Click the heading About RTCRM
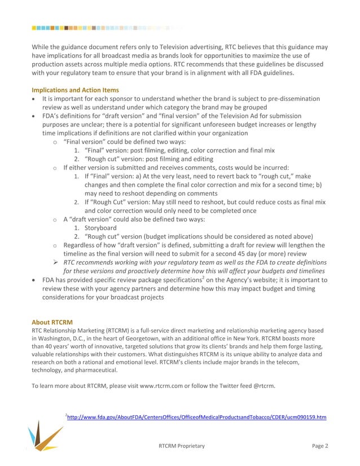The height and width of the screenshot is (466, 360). pyautogui.click(x=52, y=323)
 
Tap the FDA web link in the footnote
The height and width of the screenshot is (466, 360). pyautogui.click(x=196, y=417)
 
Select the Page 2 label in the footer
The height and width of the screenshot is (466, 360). pyautogui.click(x=320, y=446)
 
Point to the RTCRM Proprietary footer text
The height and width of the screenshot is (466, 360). pyautogui.click(x=182, y=446)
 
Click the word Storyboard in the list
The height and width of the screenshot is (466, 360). pyautogui.click(x=101, y=228)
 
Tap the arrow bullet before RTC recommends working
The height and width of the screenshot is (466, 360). pyautogui.click(x=55, y=262)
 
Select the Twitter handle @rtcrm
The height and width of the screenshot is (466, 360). pyautogui.click(x=263, y=386)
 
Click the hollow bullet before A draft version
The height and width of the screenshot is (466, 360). pyautogui.click(x=55, y=219)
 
